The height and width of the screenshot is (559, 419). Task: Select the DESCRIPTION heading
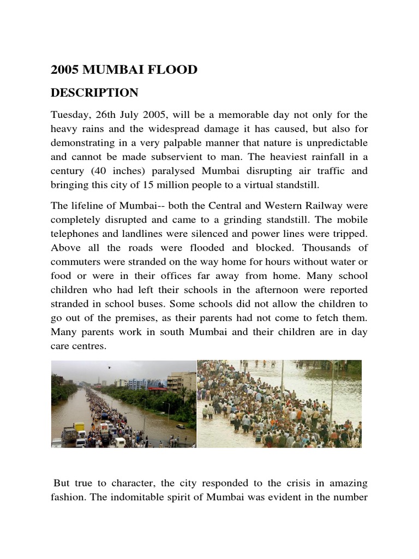pyautogui.click(x=94, y=93)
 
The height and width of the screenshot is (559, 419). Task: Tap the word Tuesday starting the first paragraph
pyautogui.click(x=69, y=115)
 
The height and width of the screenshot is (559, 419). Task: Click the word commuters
pyautogui.click(x=73, y=263)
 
